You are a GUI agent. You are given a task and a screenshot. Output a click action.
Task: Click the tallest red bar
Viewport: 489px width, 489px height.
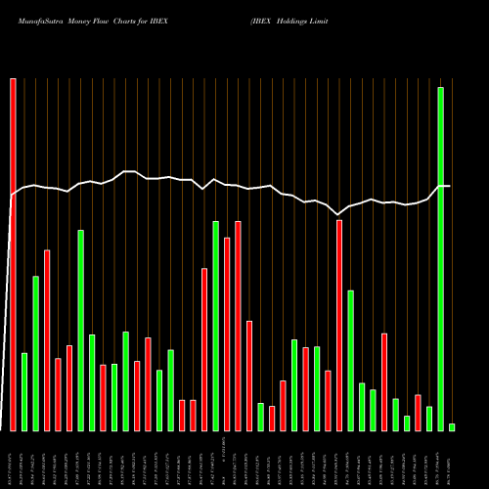(13, 254)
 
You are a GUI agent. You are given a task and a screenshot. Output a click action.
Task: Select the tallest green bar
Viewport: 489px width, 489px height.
(440, 259)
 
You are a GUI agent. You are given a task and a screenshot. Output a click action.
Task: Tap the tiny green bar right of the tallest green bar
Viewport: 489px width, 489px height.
(452, 426)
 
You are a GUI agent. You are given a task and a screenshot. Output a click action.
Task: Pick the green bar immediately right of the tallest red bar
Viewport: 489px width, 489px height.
(24, 391)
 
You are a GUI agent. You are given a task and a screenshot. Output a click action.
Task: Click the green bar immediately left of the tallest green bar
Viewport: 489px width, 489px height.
(429, 419)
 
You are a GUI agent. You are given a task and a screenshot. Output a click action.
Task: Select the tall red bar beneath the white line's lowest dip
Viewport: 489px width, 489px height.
(339, 325)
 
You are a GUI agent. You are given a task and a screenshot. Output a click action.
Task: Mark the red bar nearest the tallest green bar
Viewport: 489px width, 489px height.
(418, 413)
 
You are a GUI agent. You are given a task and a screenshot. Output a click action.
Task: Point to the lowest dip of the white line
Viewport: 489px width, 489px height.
(338, 214)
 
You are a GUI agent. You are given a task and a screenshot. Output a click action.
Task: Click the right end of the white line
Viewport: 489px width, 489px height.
(450, 186)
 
